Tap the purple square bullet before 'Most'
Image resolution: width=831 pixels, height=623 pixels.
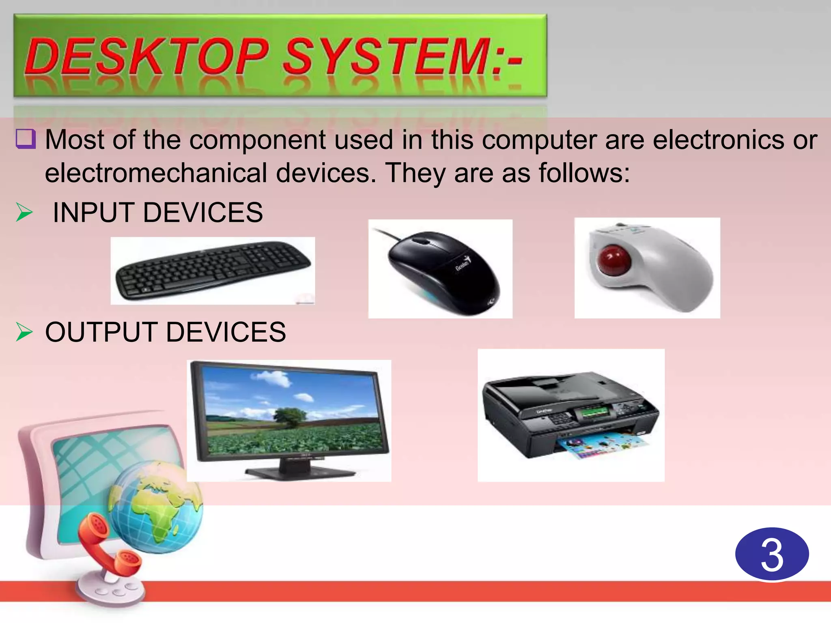point(26,139)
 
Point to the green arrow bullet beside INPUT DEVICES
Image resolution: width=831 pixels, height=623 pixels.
point(24,213)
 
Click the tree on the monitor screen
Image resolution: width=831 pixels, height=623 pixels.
point(290,418)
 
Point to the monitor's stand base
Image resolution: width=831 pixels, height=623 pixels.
point(300,473)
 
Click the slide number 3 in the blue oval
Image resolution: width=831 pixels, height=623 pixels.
point(772,554)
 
